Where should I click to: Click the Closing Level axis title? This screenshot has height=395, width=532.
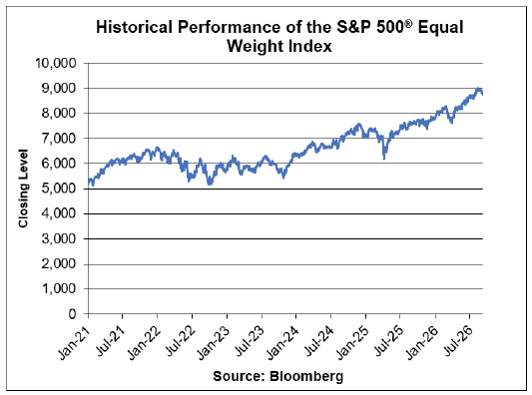(x=23, y=189)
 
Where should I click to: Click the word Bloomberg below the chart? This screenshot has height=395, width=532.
(x=306, y=377)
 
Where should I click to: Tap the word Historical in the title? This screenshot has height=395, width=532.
(x=135, y=27)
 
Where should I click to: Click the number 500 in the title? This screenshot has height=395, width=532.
(x=391, y=27)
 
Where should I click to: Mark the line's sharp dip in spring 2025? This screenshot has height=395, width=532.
(x=384, y=158)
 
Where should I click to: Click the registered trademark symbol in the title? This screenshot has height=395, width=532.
(x=409, y=24)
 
